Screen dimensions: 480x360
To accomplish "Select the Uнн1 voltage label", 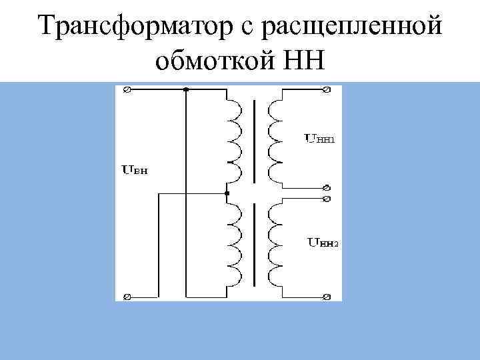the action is (x=320, y=139).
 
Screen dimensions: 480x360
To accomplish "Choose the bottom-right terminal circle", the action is (x=327, y=296).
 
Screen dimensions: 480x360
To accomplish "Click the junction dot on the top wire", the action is (x=186, y=89).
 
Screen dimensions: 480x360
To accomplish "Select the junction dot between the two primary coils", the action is (x=227, y=193).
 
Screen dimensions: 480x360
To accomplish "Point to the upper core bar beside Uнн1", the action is (x=254, y=141).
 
